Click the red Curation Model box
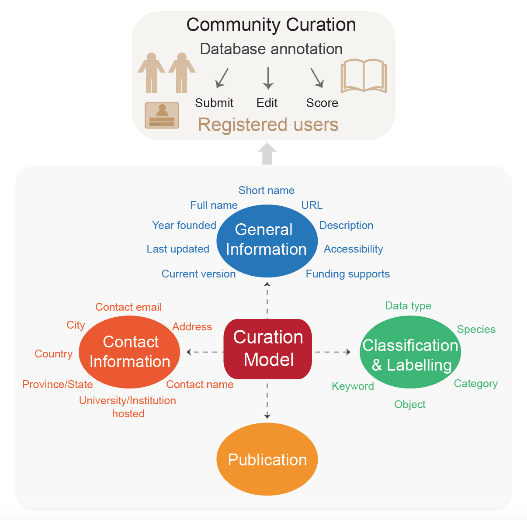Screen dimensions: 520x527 click(x=267, y=349)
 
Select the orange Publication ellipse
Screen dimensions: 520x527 click(x=267, y=459)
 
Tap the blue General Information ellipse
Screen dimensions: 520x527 click(x=267, y=240)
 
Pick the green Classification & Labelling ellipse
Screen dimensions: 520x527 click(x=410, y=352)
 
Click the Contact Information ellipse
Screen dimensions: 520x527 click(x=129, y=352)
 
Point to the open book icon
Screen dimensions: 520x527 click(x=364, y=76)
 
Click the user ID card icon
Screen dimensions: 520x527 click(x=162, y=115)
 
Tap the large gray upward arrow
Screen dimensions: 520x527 click(x=267, y=154)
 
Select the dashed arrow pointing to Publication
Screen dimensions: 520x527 click(x=267, y=401)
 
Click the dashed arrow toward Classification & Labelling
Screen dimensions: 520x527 click(x=333, y=352)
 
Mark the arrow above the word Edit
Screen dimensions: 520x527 click(x=268, y=78)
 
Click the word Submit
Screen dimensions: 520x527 click(x=214, y=103)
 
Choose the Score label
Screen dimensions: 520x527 click(x=322, y=103)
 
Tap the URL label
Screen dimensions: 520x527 click(x=312, y=205)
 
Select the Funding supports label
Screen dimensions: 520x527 click(x=347, y=274)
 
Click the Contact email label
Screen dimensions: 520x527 click(x=128, y=307)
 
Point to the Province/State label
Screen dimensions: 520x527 click(x=57, y=385)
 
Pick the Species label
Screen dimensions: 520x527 click(x=476, y=329)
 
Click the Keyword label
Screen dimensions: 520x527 click(x=353, y=386)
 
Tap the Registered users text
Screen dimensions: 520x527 click(x=268, y=125)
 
